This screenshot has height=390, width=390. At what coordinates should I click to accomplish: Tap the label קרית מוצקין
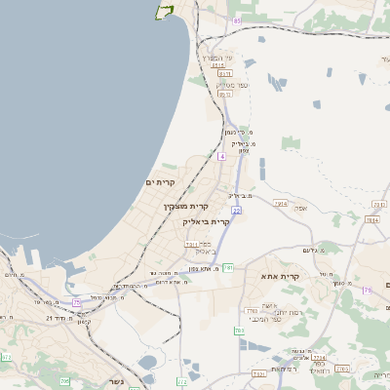point(186,207)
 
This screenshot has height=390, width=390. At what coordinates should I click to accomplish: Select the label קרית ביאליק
point(207,221)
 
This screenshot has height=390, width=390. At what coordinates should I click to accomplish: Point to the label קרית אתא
point(308,277)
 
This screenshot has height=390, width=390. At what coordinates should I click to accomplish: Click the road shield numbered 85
point(237,20)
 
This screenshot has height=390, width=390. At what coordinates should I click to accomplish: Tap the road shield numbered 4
point(222,156)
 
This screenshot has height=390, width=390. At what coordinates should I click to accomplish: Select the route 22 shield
point(236,210)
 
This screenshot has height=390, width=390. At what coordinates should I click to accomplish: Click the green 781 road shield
point(228,267)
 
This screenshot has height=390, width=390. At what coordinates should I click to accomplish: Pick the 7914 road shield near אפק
point(281,204)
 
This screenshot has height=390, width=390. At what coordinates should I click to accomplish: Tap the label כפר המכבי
point(265,319)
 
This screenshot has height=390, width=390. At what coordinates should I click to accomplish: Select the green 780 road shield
point(240,331)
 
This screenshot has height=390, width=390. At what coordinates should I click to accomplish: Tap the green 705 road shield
point(63,381)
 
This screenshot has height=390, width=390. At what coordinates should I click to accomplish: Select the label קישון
point(85,321)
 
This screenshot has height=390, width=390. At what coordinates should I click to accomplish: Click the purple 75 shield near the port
point(76,303)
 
